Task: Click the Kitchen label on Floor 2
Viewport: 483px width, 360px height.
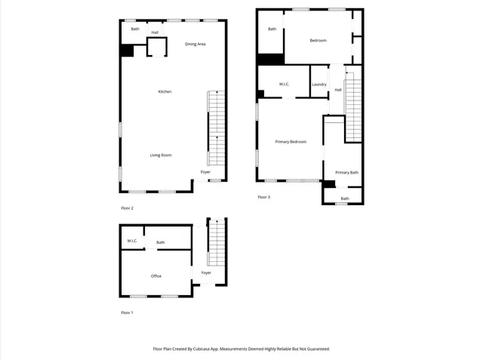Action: (165, 92)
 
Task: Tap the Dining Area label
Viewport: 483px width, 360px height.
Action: (195, 45)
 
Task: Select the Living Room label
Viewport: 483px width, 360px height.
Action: (161, 155)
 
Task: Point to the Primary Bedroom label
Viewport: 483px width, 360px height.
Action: (291, 142)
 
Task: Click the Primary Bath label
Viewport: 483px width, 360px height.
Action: (346, 173)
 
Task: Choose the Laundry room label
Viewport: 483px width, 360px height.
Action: (319, 85)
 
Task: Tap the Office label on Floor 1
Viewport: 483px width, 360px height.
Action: (156, 276)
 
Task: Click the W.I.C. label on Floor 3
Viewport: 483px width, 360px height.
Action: (285, 85)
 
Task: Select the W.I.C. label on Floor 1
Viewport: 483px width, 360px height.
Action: (132, 242)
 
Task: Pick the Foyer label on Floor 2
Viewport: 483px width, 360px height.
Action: (205, 172)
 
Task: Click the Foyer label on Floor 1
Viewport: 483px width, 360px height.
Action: (206, 272)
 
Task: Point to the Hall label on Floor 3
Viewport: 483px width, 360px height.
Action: (338, 90)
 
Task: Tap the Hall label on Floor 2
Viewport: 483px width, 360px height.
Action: (155, 32)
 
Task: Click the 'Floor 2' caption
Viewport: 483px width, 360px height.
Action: (127, 208)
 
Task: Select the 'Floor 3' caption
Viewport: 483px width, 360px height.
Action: (263, 198)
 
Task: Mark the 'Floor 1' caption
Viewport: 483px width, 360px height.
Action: (127, 312)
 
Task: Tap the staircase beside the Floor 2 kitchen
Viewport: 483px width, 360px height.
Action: (217, 128)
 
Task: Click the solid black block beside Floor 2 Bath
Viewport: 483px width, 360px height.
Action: (127, 51)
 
